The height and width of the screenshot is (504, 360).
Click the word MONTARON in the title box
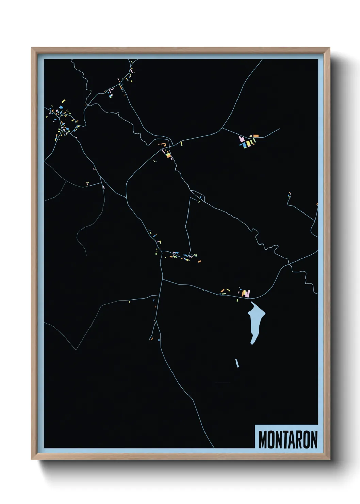tap(288, 440)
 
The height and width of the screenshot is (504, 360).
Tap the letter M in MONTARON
tap(262, 440)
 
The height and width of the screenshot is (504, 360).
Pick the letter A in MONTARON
tap(290, 440)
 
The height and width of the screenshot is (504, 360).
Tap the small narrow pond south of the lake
tap(236, 363)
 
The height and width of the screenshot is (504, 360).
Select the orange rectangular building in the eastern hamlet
tap(256, 136)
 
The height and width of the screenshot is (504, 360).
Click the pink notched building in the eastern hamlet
tap(242, 139)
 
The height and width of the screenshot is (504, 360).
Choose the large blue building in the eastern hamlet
tap(244, 145)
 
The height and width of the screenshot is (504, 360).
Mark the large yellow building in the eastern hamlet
tap(249, 143)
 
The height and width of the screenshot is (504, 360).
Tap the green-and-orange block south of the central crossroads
tap(168, 155)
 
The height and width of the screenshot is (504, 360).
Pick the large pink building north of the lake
tap(248, 293)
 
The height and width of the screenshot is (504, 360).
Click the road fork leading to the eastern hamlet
tap(222, 128)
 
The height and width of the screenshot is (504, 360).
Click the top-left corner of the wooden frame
tap(32, 48)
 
